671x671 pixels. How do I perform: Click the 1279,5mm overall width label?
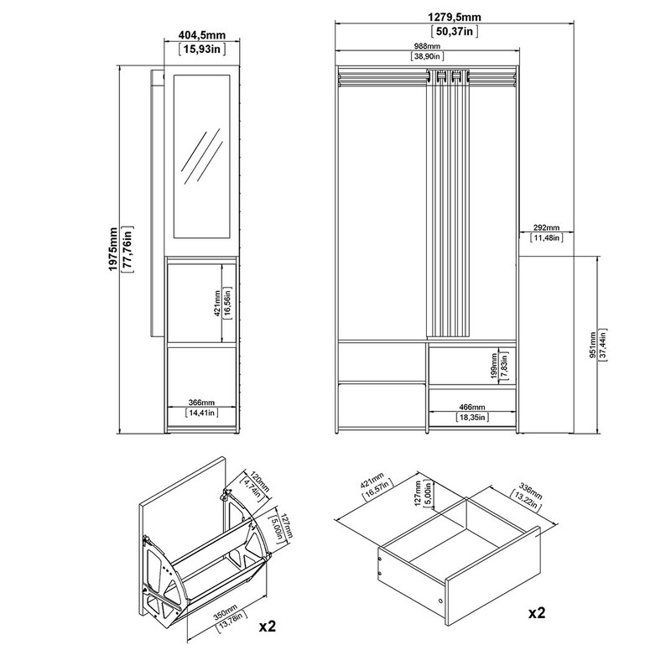coord(455,17)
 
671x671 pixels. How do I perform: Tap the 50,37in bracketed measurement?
coord(455,31)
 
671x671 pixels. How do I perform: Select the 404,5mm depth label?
coord(202,35)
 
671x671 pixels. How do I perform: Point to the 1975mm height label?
coord(113,249)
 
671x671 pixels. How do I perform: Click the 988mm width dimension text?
coord(427,46)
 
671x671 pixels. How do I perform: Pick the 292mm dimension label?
coord(547,228)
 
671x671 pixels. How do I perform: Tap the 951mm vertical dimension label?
coord(593,345)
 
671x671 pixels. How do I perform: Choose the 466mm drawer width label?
coord(472,408)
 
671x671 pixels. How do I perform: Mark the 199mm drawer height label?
coord(495,365)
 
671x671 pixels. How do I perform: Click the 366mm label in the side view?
coord(201,403)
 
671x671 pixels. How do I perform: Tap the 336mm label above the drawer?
coord(531,491)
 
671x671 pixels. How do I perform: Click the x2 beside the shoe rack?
coord(268,627)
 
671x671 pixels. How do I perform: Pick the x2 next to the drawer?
coord(537,613)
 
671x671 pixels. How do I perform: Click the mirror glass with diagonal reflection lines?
coord(201,156)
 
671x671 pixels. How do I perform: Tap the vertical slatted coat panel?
coord(448,203)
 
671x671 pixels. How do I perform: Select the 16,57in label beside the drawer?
coord(377,491)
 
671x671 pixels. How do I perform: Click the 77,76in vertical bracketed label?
coord(127,249)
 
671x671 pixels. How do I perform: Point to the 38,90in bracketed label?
coord(427,56)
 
